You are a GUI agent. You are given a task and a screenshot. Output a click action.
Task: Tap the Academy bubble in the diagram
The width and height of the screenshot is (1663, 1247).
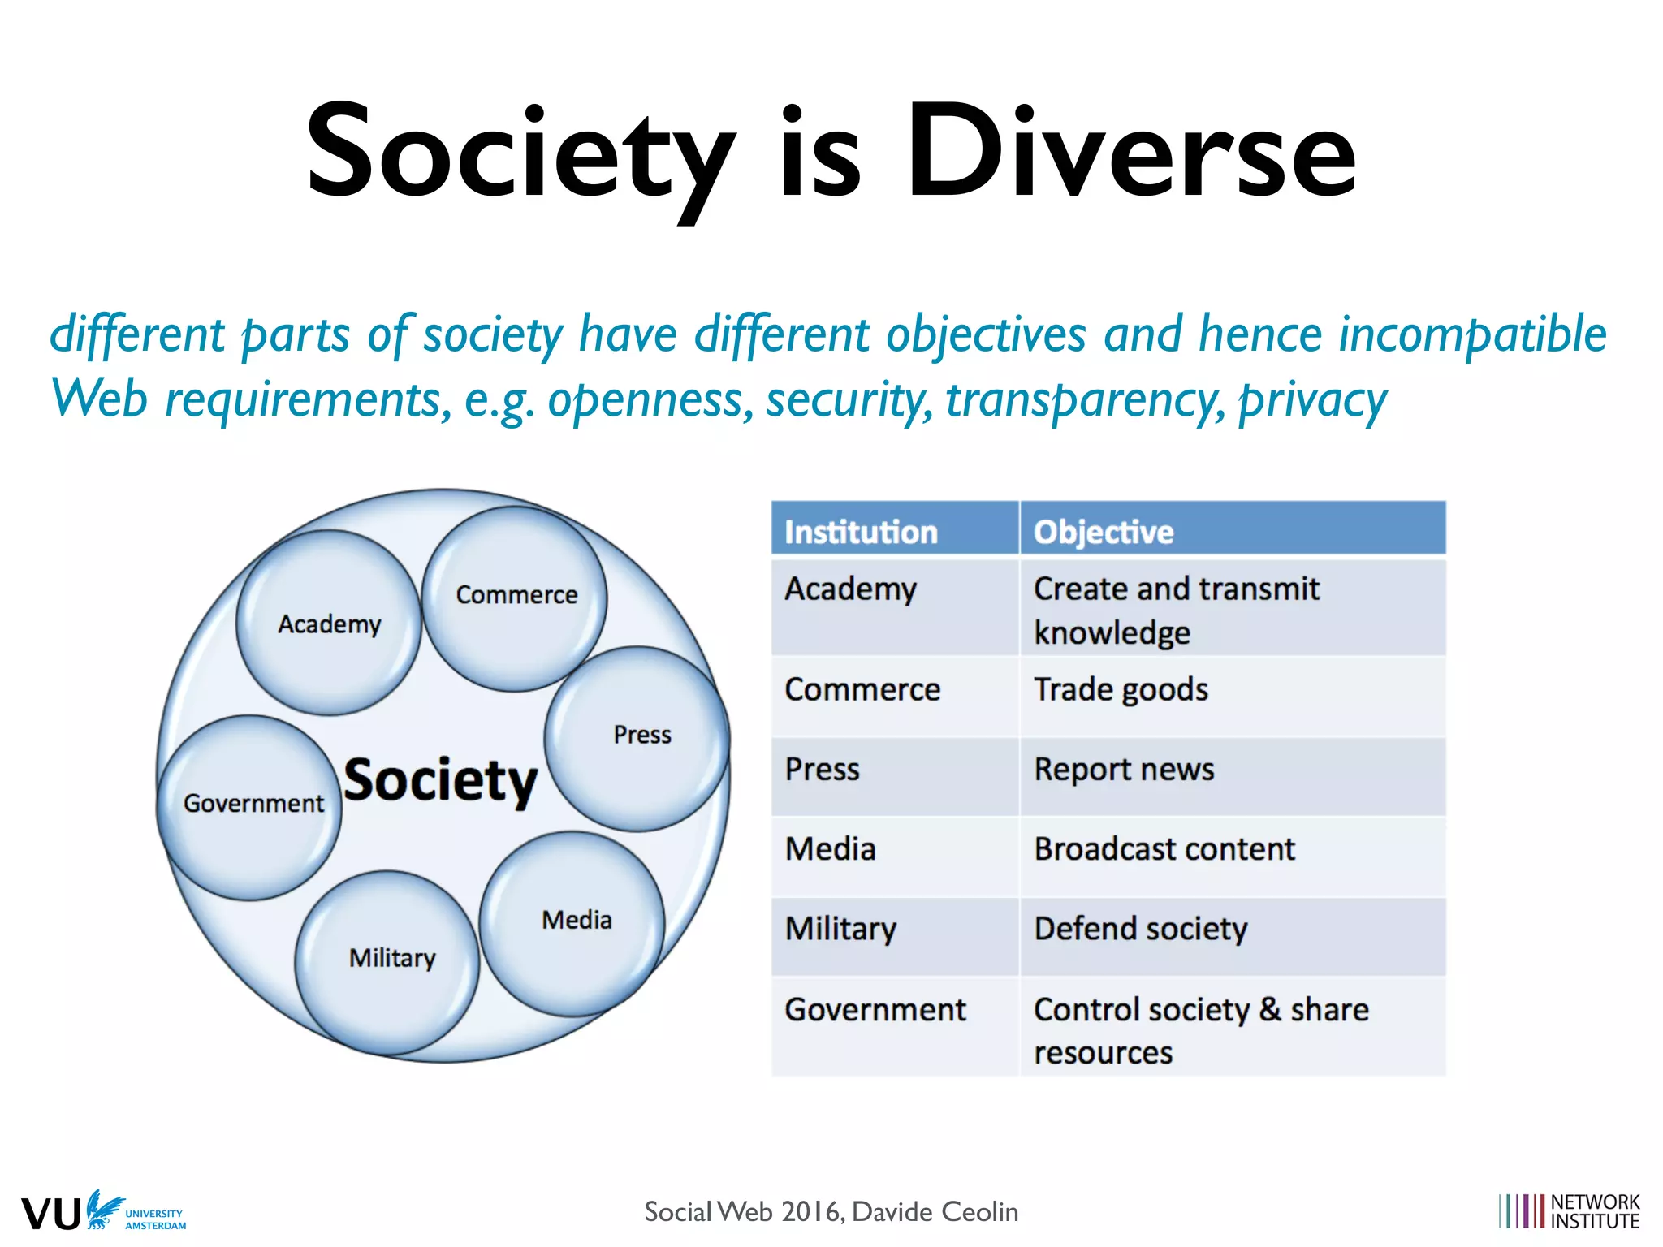(x=329, y=623)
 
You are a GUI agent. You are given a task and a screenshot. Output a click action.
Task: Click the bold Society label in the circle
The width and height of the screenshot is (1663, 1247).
(x=440, y=781)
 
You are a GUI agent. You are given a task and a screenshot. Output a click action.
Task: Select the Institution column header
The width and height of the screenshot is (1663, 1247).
(x=861, y=532)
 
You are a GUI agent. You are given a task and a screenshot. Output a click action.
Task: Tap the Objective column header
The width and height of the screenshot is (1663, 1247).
(x=1103, y=532)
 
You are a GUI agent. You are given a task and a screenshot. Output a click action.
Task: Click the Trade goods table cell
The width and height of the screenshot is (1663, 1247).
(x=1121, y=690)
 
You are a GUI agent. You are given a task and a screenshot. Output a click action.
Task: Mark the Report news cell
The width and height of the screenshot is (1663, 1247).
(x=1124, y=770)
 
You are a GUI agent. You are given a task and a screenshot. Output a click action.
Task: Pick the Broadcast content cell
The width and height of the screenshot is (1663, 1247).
(x=1164, y=849)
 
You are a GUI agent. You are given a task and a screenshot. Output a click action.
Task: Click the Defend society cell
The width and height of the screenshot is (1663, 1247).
(x=1140, y=929)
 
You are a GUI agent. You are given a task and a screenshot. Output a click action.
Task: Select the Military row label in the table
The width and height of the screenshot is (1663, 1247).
(x=840, y=929)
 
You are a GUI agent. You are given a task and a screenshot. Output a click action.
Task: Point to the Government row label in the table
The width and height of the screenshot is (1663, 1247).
(x=875, y=1010)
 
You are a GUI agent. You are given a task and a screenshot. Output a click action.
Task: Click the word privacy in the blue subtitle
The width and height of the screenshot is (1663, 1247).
(x=1312, y=400)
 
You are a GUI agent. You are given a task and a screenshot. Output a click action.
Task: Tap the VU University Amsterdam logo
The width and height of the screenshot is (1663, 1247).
(x=103, y=1212)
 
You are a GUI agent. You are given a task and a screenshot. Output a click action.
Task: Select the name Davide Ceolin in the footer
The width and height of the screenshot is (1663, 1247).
(x=935, y=1212)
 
